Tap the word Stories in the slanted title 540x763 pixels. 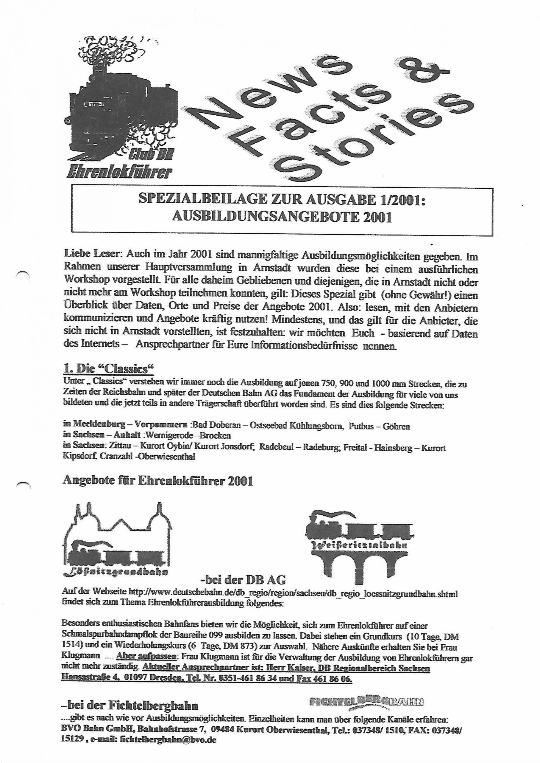pos(363,140)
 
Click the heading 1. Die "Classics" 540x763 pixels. pos(109,370)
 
